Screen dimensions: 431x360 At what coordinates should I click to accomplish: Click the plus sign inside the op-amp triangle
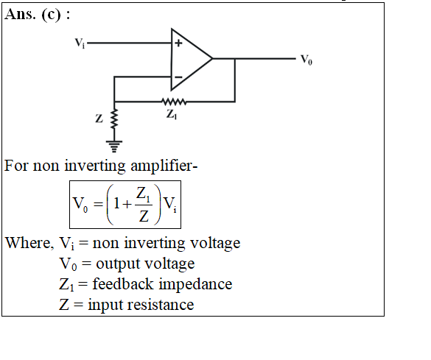click(x=178, y=43)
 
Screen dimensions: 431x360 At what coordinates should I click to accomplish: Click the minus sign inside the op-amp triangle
click(x=179, y=77)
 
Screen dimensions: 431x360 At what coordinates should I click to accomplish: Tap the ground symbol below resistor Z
click(x=114, y=147)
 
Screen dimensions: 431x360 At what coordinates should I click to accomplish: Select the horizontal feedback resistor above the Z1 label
click(x=174, y=102)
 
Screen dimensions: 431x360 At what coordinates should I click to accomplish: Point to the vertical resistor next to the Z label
click(x=114, y=119)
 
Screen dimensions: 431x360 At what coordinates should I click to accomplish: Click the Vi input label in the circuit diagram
click(x=80, y=43)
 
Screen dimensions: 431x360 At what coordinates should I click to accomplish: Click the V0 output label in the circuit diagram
click(x=306, y=60)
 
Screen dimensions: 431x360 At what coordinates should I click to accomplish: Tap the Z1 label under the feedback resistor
click(x=172, y=114)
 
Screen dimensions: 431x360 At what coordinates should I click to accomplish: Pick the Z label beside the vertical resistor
click(x=99, y=119)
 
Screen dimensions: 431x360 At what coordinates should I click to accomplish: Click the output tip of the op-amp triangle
click(x=212, y=58)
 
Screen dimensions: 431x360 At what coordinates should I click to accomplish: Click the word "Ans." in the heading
click(x=21, y=14)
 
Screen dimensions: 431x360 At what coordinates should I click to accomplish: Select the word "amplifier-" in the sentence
click(x=164, y=166)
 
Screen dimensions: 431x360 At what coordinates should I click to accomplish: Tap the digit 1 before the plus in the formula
click(x=116, y=203)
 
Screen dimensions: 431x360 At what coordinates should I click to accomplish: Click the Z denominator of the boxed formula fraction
click(x=144, y=216)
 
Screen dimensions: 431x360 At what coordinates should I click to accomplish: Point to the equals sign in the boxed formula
click(x=98, y=205)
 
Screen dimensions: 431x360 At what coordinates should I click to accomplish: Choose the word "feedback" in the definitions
click(x=123, y=283)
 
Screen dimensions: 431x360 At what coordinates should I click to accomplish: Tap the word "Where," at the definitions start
click(x=29, y=243)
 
